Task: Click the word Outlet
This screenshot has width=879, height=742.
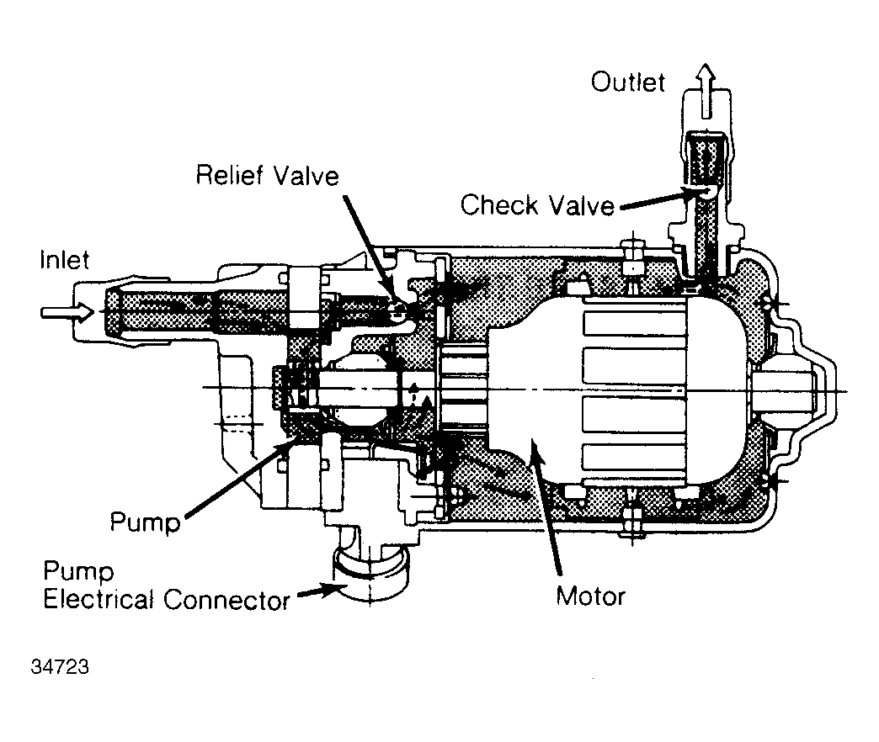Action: click(x=627, y=82)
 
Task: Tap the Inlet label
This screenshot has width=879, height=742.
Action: click(x=64, y=260)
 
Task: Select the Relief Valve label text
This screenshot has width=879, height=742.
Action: click(x=267, y=176)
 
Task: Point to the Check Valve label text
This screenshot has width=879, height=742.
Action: click(x=537, y=204)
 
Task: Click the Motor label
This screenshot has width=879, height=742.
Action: click(x=590, y=596)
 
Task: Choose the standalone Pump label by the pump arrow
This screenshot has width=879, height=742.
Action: click(x=145, y=523)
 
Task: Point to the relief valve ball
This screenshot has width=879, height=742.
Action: click(x=399, y=311)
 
